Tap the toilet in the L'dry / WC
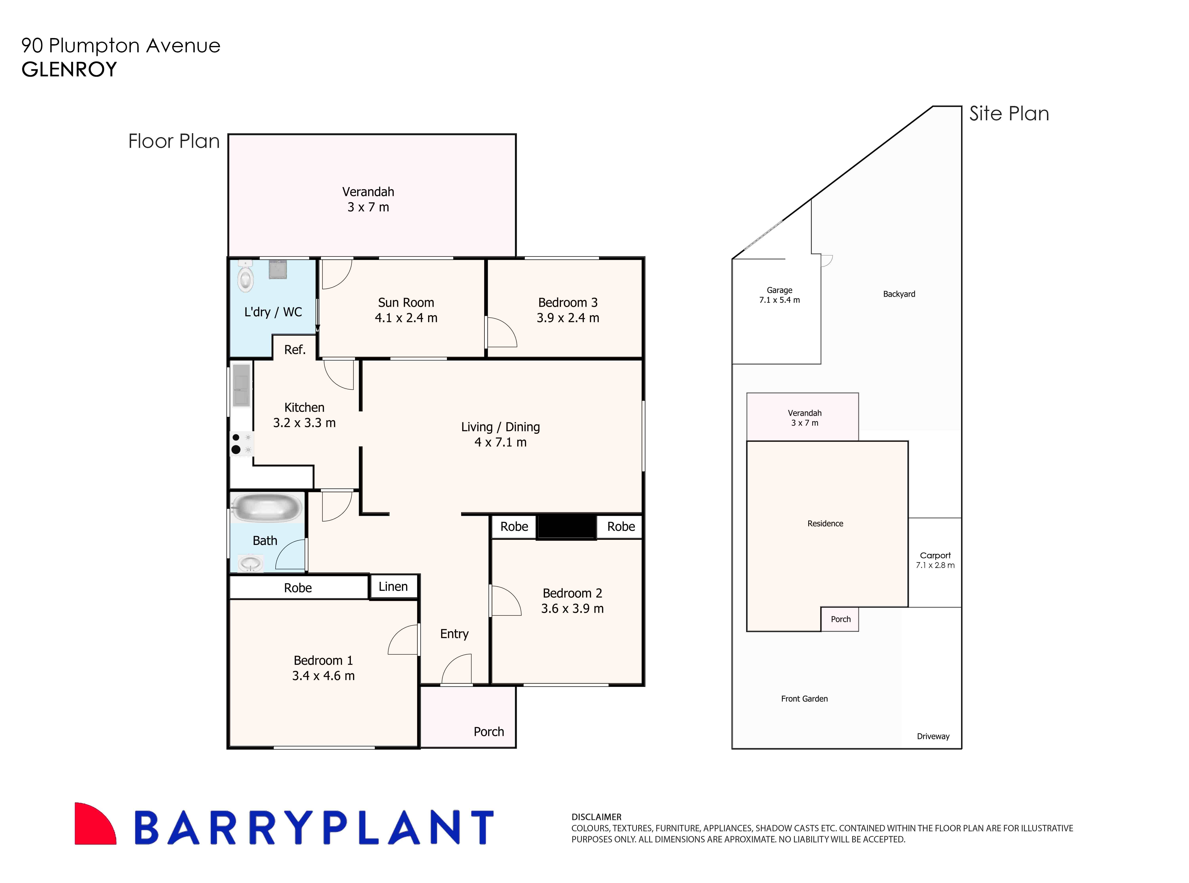coord(245,277)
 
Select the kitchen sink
coord(241,385)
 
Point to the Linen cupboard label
coord(393,586)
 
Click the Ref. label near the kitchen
coord(294,350)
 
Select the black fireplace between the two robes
coord(566,527)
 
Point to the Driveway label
coord(933,736)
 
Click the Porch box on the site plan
coord(840,619)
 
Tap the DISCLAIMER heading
coord(596,817)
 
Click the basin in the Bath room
coord(250,563)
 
